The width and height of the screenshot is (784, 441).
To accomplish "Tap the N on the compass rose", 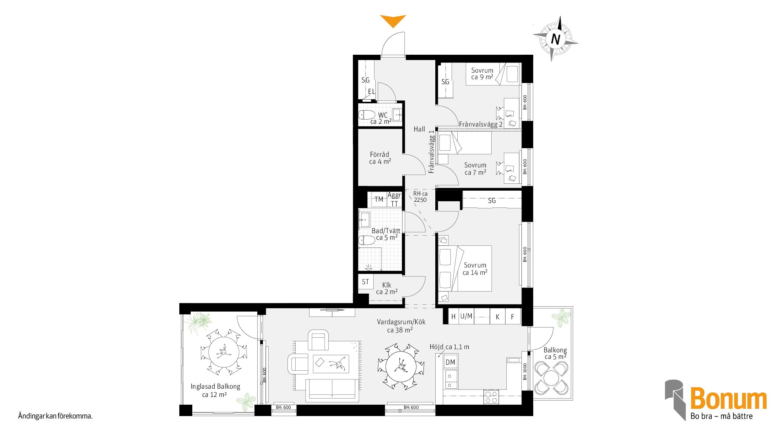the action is click(555, 39).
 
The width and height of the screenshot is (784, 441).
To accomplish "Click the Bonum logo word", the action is click(728, 399).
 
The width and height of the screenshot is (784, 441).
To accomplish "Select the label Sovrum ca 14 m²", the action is click(475, 269).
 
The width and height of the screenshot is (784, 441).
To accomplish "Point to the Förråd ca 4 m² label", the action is click(380, 158).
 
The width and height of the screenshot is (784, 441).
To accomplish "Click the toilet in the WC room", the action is click(367, 115).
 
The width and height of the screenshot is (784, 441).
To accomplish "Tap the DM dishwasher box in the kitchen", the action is click(450, 362).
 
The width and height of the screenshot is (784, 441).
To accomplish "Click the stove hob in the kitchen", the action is click(491, 397).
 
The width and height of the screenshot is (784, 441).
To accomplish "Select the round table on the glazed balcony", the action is click(224, 352).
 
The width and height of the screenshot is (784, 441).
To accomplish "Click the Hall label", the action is click(419, 129).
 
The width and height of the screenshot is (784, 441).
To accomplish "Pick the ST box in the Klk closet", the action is click(365, 282).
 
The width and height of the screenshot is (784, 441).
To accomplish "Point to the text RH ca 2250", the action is click(420, 196).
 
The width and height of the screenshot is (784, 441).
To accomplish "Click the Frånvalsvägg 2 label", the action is click(481, 124).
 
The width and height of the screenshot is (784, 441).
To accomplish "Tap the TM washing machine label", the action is click(379, 199).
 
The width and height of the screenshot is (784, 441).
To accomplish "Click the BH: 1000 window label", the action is click(525, 372).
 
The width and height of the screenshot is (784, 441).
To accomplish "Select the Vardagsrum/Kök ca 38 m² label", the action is click(401, 326).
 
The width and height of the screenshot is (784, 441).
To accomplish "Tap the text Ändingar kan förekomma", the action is click(55, 416).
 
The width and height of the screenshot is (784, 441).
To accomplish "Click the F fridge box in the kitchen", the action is click(513, 316).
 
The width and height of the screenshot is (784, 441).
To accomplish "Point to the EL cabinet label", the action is click(371, 91).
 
